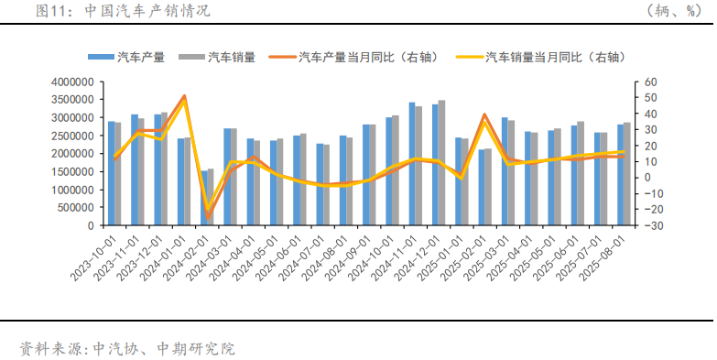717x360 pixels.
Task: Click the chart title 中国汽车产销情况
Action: tap(147, 11)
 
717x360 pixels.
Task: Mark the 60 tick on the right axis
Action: tap(650, 82)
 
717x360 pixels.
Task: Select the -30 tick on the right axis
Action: tap(652, 225)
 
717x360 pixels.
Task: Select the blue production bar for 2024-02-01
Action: tap(203, 198)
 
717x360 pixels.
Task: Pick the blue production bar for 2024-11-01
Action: tap(412, 164)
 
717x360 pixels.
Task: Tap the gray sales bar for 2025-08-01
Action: tap(627, 174)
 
